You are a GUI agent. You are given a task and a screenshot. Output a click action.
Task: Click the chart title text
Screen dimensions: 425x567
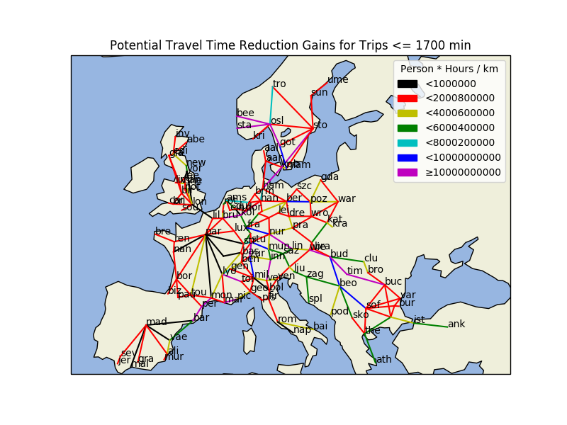(x=290, y=45)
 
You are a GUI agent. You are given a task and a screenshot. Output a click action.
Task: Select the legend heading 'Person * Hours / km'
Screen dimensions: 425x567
(x=449, y=69)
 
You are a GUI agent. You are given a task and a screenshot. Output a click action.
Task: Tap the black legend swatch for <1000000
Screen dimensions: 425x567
(x=407, y=84)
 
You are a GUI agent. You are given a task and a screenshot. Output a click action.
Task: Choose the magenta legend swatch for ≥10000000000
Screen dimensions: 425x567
(x=407, y=172)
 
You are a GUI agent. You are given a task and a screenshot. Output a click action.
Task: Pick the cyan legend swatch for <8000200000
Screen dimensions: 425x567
(x=407, y=142)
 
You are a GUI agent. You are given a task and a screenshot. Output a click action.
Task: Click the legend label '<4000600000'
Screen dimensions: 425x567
(x=459, y=113)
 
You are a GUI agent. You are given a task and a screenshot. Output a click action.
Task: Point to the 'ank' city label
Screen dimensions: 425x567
(x=456, y=324)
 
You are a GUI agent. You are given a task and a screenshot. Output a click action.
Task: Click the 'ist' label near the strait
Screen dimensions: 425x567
(x=419, y=320)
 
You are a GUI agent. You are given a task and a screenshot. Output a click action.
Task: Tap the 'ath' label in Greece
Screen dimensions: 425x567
(x=383, y=360)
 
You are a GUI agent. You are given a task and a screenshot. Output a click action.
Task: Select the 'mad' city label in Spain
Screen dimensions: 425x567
(x=156, y=322)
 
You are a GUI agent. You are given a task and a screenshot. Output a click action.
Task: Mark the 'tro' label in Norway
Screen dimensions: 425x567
(x=279, y=84)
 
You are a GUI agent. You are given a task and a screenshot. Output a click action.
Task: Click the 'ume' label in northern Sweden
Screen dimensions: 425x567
(x=338, y=79)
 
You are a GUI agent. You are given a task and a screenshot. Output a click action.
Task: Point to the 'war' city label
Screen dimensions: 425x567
(x=347, y=199)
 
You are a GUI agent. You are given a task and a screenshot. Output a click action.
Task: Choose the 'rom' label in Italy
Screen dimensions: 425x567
(x=287, y=319)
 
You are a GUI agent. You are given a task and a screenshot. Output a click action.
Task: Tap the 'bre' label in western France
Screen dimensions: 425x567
(x=163, y=232)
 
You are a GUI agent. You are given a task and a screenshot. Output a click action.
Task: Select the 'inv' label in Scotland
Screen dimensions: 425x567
(x=182, y=134)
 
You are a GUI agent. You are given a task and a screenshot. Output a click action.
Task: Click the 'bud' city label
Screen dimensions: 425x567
(x=339, y=254)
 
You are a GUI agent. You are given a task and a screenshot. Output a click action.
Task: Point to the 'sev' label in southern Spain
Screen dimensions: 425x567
(x=128, y=353)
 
